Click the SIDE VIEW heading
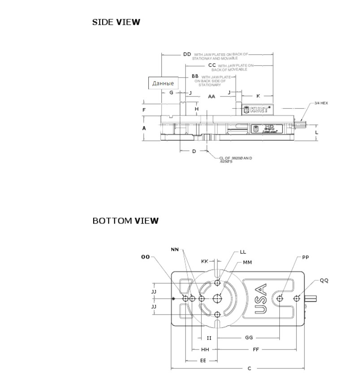[116, 22]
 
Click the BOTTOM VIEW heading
[126, 221]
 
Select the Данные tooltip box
[163, 83]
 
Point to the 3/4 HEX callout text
[321, 103]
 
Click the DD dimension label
[187, 54]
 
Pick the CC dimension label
[212, 66]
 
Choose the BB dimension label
[195, 76]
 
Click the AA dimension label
[212, 96]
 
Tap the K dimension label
[258, 96]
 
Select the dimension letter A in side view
[144, 128]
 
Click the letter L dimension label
[317, 132]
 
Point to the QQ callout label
[324, 280]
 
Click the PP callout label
[305, 258]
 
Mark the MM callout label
[247, 262]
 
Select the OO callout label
[145, 257]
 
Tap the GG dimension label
[249, 338]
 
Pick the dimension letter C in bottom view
[249, 368]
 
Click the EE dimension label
[203, 360]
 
